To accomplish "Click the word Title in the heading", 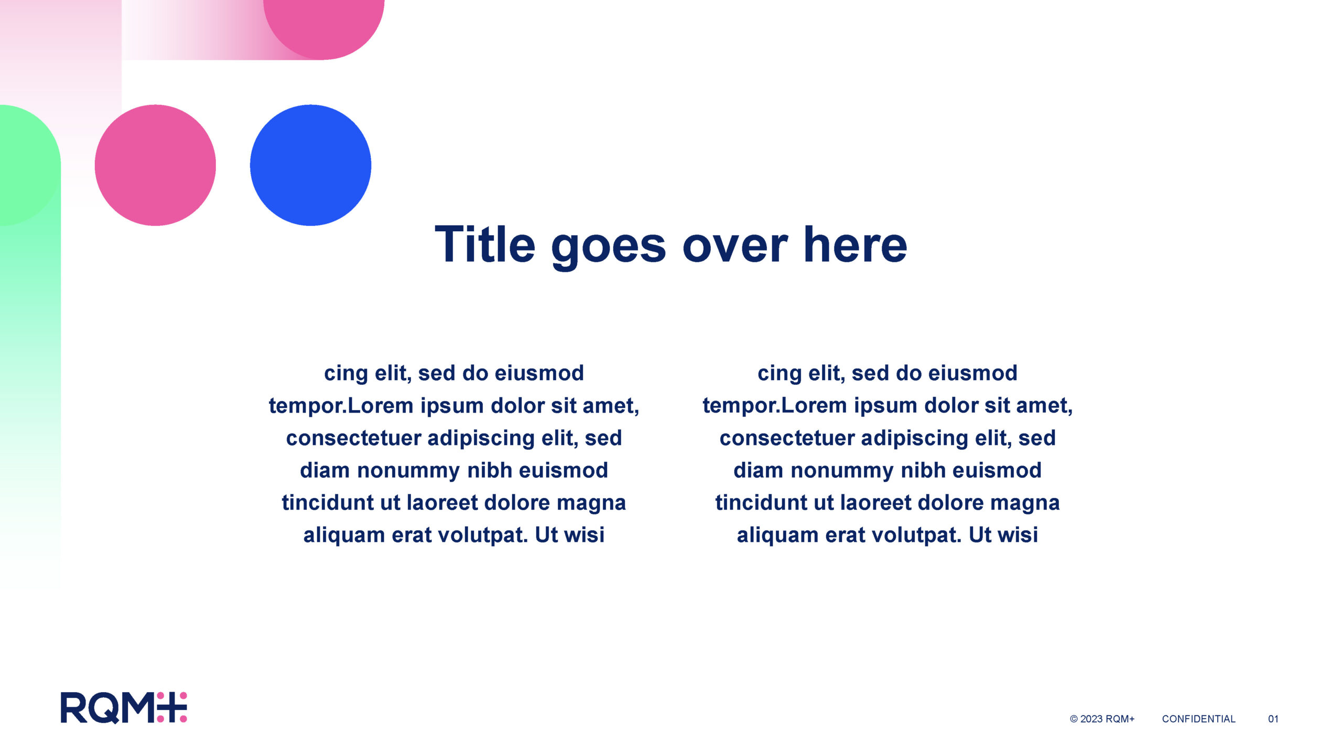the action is [485, 244].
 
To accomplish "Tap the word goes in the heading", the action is [609, 249].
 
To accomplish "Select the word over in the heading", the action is [735, 249].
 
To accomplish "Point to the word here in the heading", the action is [856, 244].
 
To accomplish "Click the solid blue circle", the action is [310, 165].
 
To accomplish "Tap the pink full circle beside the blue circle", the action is [155, 165].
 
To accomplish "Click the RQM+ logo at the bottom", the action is [124, 708].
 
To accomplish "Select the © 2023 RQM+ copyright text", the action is [1102, 719].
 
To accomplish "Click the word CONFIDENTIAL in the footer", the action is [1198, 719].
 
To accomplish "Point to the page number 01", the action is [1273, 719].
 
